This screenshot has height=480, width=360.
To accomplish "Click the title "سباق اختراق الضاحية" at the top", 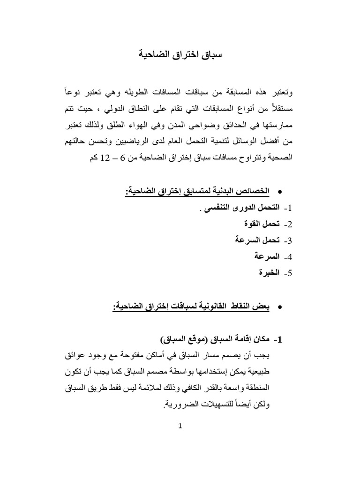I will pos(180,55).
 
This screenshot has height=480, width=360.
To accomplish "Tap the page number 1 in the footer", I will pos(180,426).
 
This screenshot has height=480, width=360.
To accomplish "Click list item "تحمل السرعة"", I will pos(253,240).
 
